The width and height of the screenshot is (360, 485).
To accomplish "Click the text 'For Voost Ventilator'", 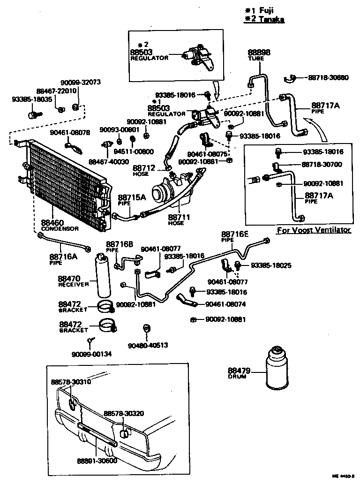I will [x=313, y=230].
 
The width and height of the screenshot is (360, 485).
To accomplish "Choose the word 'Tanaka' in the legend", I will [x=272, y=19].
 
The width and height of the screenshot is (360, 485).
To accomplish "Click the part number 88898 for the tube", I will [x=259, y=53].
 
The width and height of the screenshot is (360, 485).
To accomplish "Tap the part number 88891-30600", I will [x=97, y=460].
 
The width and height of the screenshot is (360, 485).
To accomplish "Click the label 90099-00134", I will [x=92, y=354].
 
